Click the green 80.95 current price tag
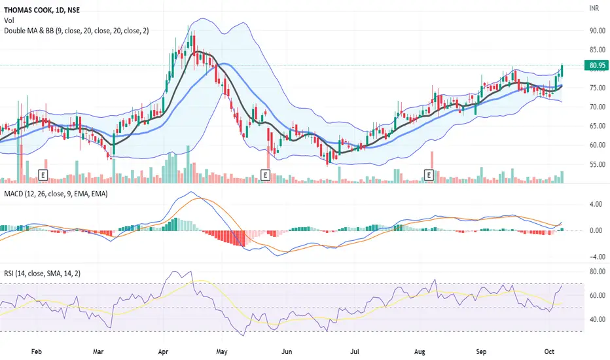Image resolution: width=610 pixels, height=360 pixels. (x=596, y=65)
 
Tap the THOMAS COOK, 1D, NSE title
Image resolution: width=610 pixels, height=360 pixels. (x=42, y=10)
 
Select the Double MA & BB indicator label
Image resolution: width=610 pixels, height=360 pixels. (x=76, y=30)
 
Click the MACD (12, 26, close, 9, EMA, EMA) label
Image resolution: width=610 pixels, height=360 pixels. (x=56, y=194)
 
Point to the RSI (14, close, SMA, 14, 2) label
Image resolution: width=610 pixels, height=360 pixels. (x=43, y=274)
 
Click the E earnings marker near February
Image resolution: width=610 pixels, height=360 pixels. (x=43, y=175)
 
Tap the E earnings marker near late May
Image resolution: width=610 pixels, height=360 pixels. (x=265, y=175)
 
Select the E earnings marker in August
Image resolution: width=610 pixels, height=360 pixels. (x=429, y=175)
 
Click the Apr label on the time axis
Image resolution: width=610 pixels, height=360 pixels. (x=163, y=352)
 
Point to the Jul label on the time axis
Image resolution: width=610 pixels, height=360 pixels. (x=354, y=352)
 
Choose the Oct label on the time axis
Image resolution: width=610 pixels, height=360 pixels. (x=549, y=352)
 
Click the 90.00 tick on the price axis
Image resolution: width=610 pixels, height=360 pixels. (x=598, y=31)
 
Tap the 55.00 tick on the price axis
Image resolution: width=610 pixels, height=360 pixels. (x=598, y=164)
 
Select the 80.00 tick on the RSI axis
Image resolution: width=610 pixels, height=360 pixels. (x=598, y=272)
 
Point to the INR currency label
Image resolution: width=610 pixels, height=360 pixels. (x=594, y=8)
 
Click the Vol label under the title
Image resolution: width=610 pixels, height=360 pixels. (x=9, y=20)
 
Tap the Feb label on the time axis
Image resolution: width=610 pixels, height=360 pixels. (x=36, y=352)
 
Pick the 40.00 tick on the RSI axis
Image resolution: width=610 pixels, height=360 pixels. (x=598, y=319)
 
